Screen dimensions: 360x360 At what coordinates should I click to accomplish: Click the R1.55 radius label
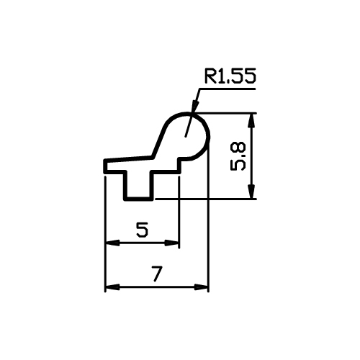click(230, 76)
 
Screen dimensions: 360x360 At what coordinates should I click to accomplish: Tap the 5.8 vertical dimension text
click(238, 156)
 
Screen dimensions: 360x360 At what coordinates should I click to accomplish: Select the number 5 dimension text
click(142, 230)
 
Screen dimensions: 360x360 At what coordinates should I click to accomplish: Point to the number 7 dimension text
click(157, 274)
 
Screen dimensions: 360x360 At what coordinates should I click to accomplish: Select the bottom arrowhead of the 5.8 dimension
click(251, 192)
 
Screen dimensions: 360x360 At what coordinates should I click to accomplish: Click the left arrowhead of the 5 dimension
click(113, 243)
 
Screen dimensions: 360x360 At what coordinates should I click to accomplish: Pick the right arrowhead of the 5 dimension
click(172, 243)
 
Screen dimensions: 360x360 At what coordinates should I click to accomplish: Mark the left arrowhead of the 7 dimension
click(113, 287)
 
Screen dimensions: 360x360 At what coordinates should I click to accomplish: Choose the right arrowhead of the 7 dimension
click(201, 287)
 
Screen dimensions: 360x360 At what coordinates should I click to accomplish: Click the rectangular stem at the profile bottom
click(138, 185)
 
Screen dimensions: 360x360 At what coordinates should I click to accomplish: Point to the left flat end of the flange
click(105, 166)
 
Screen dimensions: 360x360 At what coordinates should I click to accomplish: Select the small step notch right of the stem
click(179, 166)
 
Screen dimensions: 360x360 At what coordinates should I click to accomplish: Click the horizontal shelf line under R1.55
click(225, 89)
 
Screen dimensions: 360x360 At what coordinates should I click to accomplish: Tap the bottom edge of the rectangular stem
click(138, 199)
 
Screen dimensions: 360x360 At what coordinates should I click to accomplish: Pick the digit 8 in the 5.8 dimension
click(238, 148)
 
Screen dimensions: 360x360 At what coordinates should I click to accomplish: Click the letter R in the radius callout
click(210, 76)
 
